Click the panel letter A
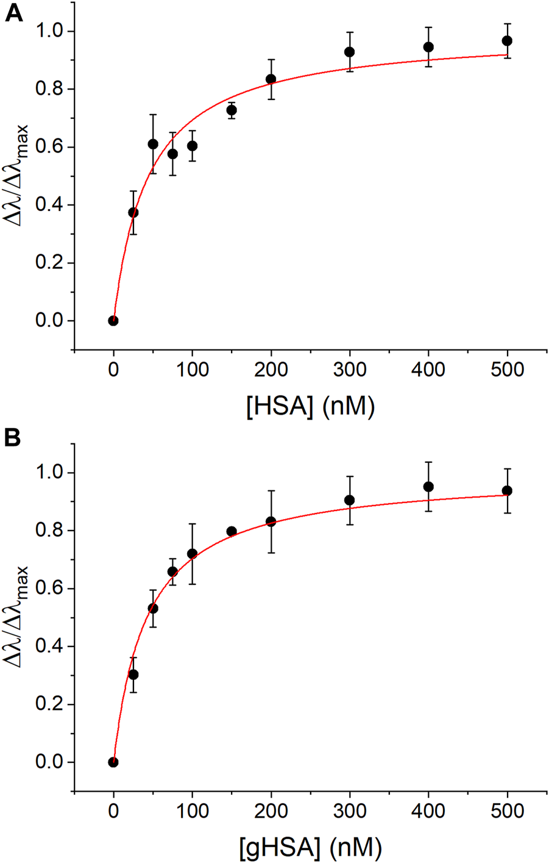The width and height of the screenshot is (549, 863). click(13, 13)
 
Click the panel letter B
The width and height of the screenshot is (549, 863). click(13, 439)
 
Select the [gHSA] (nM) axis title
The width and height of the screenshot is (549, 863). click(310, 847)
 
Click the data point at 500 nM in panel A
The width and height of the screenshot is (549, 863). click(507, 41)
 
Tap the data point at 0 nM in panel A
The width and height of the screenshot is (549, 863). click(113, 321)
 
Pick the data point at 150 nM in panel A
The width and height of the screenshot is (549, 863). click(232, 110)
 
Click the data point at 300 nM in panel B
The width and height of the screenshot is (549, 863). click(350, 501)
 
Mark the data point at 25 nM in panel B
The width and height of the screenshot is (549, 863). click(133, 675)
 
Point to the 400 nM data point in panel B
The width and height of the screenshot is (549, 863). click(428, 487)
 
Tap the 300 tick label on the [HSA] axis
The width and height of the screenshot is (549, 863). click(350, 370)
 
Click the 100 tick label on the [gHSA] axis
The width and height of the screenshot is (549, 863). click(192, 811)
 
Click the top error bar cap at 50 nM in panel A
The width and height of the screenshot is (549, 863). click(153, 115)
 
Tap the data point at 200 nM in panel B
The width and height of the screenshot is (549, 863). click(271, 522)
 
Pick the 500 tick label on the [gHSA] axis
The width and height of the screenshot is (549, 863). click(507, 811)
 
